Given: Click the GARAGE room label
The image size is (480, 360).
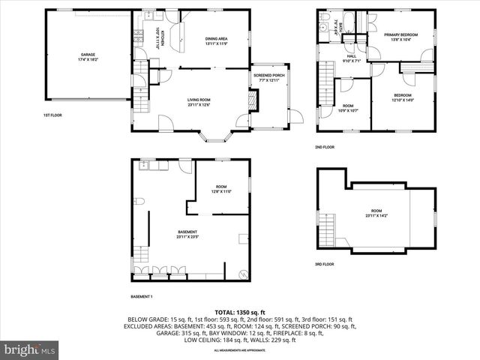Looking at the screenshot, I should [x=88, y=57].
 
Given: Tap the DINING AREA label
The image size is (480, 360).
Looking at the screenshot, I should [x=216, y=41].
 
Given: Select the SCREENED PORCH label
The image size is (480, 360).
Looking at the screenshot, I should [x=268, y=77].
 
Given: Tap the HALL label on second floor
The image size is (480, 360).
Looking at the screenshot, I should [x=352, y=58].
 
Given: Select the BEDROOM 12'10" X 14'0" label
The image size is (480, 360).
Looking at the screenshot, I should [x=403, y=97].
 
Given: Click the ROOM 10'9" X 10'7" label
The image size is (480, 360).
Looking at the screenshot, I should [x=347, y=108].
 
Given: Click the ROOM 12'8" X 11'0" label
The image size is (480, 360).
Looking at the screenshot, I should [x=220, y=189].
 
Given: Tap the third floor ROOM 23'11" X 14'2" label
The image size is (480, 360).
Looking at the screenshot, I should [x=377, y=214].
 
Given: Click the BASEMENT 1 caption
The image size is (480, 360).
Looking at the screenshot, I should [x=142, y=296].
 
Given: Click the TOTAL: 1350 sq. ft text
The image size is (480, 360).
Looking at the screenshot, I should [x=240, y=312].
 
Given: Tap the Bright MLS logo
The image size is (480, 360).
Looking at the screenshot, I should [x=30, y=349].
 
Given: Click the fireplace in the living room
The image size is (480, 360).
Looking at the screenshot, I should [x=253, y=99].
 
